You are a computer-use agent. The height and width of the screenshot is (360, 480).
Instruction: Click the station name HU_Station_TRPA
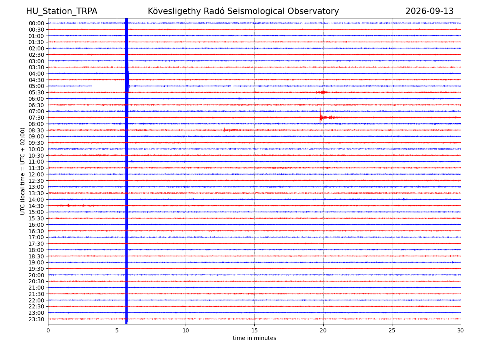tap(62, 11)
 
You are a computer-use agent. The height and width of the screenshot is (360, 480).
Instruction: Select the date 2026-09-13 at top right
tap(429, 11)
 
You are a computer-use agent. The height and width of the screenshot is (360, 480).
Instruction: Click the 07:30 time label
tap(36, 118)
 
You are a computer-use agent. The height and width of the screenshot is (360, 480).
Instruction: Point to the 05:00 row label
tap(36, 86)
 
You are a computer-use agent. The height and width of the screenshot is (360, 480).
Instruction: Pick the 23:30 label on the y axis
tap(36, 319)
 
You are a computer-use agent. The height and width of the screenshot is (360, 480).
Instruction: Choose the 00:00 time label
tap(36, 23)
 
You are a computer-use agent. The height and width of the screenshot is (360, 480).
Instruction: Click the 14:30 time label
tap(36, 206)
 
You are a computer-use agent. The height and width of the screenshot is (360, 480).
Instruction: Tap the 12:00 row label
tap(36, 174)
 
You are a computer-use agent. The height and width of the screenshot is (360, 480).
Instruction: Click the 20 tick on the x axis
tap(323, 330)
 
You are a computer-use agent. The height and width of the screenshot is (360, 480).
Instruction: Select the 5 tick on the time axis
tap(117, 330)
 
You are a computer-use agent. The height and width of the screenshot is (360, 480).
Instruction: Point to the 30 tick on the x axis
tap(460, 330)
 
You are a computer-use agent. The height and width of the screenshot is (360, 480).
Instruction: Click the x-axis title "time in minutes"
tap(254, 338)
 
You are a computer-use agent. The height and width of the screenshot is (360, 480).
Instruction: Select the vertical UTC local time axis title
tap(22, 171)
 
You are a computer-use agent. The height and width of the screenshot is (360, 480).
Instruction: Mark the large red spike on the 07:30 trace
tap(320, 116)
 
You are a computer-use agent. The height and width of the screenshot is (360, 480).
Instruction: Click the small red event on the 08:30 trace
tap(224, 130)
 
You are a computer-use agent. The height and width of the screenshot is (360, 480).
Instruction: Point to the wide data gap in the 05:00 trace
tap(108, 86)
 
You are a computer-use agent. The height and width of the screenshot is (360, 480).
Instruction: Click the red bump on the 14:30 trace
tap(68, 205)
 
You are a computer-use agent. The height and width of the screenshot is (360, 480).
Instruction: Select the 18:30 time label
tap(36, 256)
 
